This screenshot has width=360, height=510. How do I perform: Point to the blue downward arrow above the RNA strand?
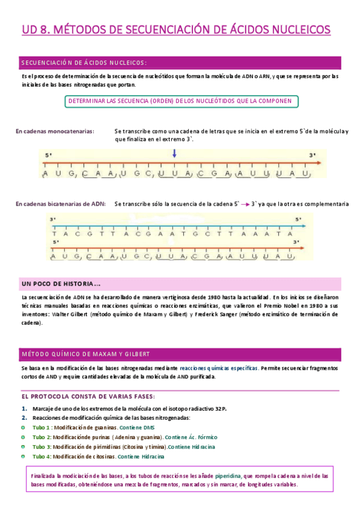(x=174, y=154)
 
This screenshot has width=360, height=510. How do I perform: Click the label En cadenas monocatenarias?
(x=54, y=131)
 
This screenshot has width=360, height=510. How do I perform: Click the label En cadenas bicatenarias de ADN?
(x=61, y=204)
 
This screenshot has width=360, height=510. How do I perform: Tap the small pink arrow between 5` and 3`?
(x=245, y=204)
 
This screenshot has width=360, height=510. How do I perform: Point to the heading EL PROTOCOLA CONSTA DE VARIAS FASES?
(x=88, y=396)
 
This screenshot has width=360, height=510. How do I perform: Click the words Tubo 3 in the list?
(x=41, y=447)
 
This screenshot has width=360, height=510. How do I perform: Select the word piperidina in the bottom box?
(x=228, y=476)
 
